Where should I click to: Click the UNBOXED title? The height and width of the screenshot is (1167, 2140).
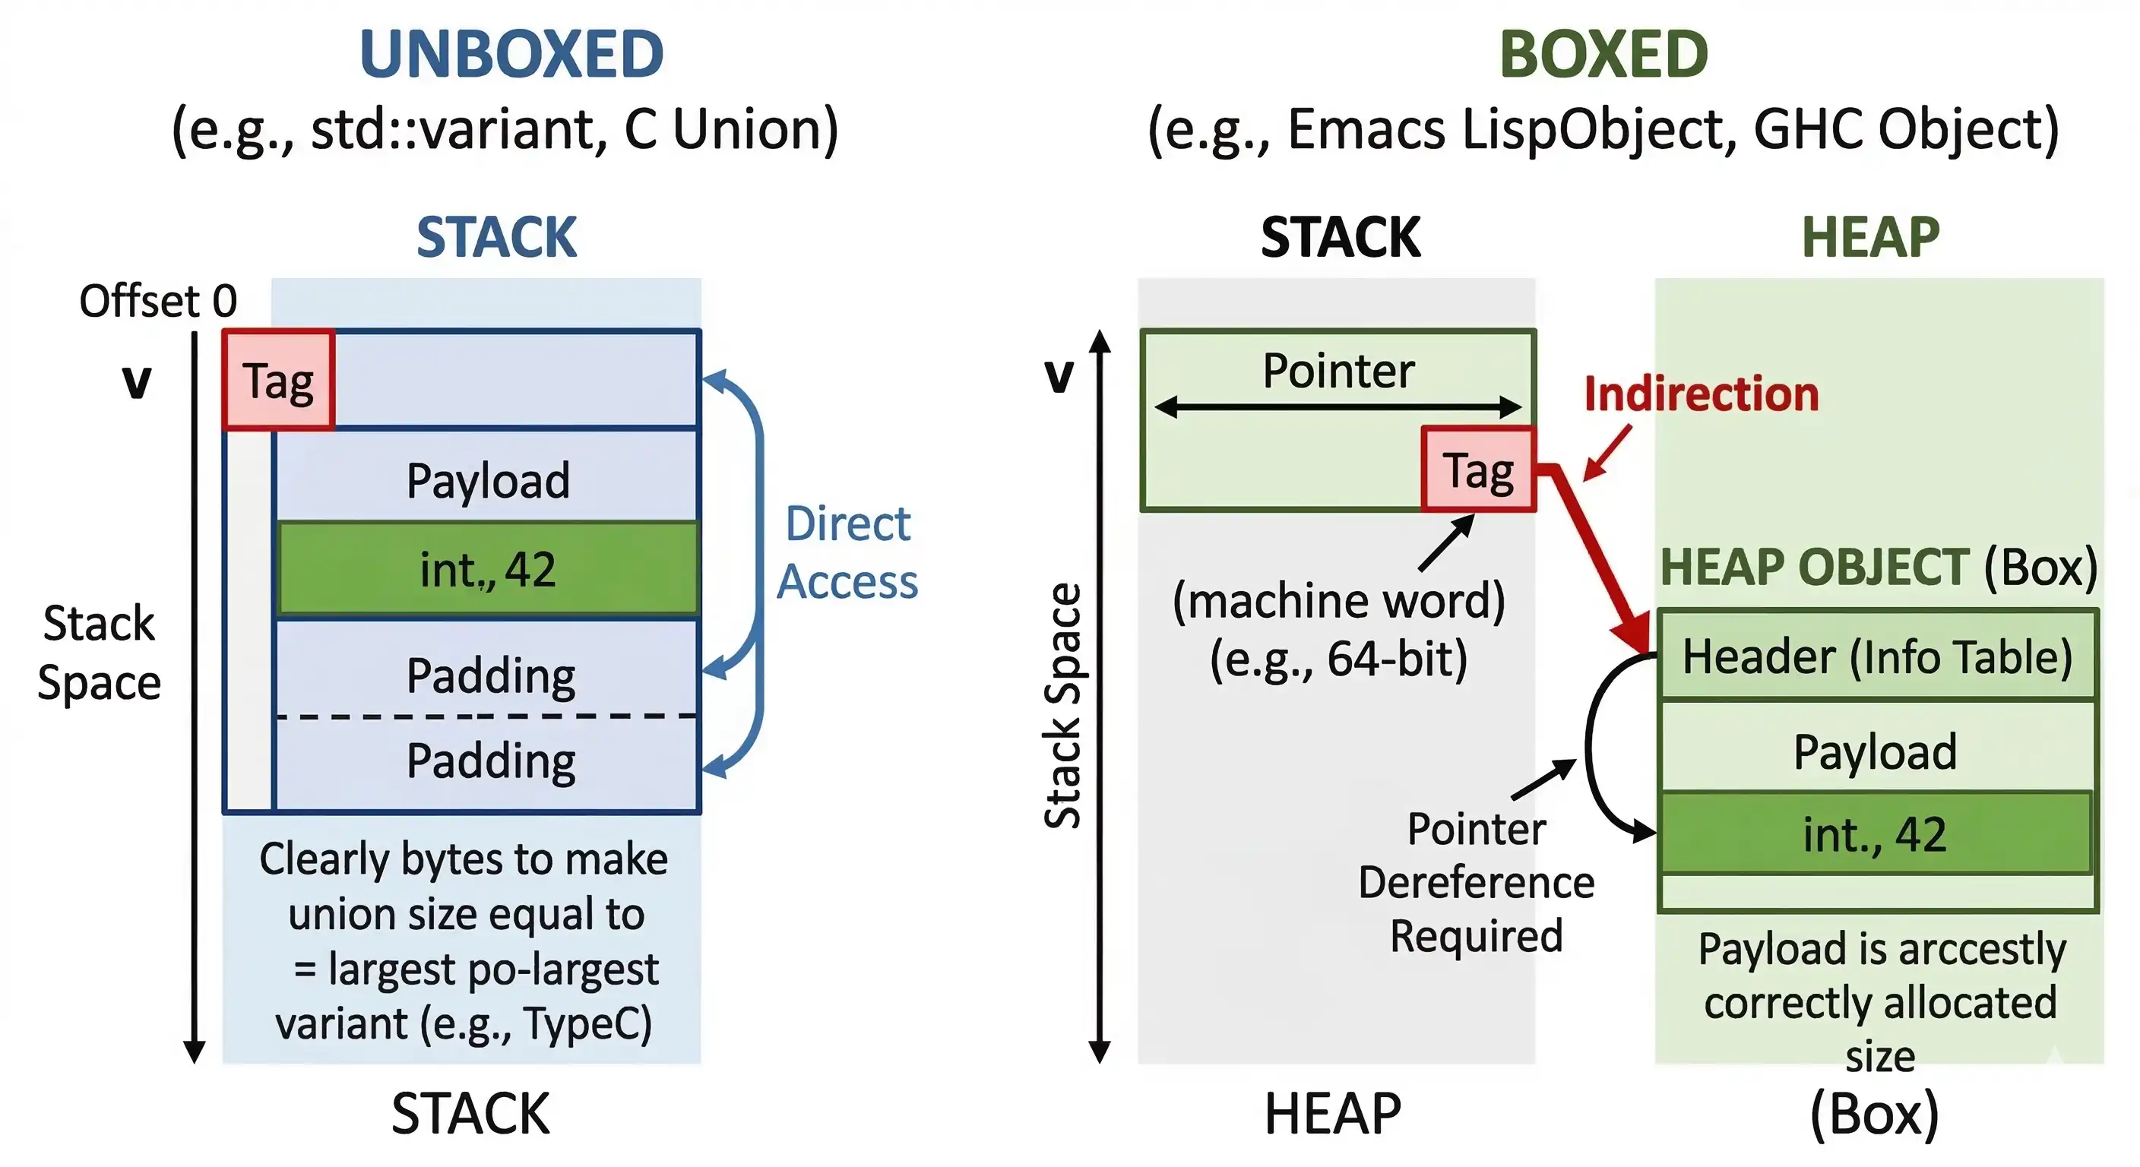(511, 55)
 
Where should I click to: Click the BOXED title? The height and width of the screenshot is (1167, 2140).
(1603, 55)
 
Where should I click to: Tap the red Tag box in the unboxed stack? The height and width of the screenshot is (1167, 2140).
(278, 381)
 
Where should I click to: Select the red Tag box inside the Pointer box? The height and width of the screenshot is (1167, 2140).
(1478, 470)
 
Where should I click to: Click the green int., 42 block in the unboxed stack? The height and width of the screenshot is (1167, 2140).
(488, 570)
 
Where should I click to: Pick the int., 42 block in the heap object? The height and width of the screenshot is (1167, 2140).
(1875, 834)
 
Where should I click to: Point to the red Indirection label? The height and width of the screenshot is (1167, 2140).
(1701, 394)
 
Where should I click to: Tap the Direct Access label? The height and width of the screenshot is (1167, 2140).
(847, 552)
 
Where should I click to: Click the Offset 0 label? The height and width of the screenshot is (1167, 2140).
(158, 301)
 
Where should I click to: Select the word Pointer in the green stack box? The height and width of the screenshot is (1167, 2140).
(1337, 371)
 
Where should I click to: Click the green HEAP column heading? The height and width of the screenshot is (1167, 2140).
(1870, 238)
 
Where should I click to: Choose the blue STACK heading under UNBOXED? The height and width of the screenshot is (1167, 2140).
(496, 238)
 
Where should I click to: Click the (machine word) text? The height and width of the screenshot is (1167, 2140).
(1338, 602)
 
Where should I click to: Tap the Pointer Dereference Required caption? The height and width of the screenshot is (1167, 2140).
(1477, 882)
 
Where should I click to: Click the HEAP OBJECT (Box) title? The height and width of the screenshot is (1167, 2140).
(1879, 568)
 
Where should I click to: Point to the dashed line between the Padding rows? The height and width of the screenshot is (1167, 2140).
(486, 716)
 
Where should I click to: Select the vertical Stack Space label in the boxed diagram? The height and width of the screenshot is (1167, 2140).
(1062, 706)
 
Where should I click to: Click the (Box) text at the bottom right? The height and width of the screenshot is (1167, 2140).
(1873, 1113)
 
